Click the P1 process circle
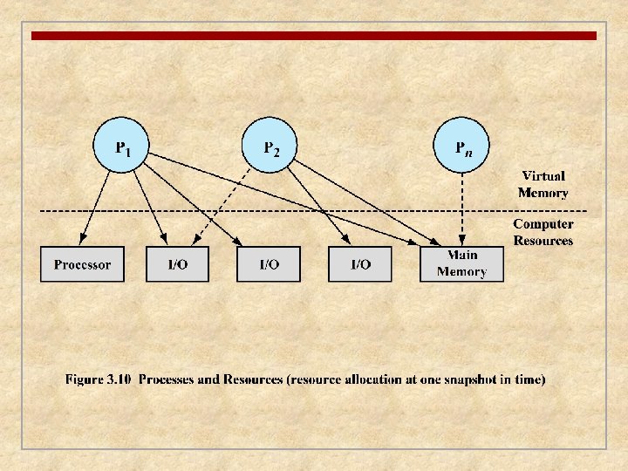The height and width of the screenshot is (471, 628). coord(121,145)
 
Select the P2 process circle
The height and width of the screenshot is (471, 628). coord(270,145)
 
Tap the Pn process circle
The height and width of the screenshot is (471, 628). coord(462,145)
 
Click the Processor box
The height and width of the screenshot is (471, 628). coord(82,264)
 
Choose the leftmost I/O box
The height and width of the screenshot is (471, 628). coord(177,264)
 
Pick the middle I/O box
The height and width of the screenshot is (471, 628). coord(269,264)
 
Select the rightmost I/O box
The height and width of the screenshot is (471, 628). coord(360,264)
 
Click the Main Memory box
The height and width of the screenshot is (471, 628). coord(461,264)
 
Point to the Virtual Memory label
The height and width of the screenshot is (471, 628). coord(543,185)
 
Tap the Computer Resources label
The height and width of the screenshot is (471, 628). coord(543,233)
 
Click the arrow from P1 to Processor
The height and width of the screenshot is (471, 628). coord(96,205)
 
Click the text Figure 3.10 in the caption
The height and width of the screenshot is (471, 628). coord(99,379)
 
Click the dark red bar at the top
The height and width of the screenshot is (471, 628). coord(314,36)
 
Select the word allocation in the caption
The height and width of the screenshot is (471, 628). coord(358,379)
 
